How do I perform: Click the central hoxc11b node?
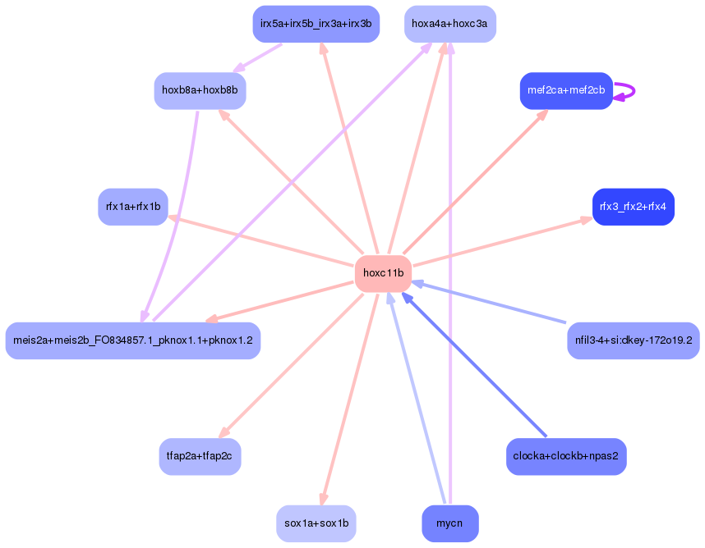click(x=383, y=273)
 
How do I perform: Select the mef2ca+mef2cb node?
click(x=566, y=90)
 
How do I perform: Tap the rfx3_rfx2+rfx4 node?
click(x=633, y=207)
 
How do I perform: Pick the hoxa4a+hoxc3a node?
click(x=449, y=24)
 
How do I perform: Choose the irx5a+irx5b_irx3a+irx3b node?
click(x=316, y=24)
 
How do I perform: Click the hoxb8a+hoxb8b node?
click(x=200, y=90)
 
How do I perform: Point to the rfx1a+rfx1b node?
click(x=133, y=207)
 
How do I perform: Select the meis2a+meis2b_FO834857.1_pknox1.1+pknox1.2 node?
click(x=133, y=340)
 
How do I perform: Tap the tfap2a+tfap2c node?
click(x=200, y=456)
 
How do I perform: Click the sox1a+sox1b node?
click(x=316, y=523)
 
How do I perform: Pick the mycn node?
click(x=449, y=523)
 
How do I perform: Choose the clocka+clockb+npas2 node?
click(x=566, y=456)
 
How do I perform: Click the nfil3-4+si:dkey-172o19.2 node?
click(x=633, y=340)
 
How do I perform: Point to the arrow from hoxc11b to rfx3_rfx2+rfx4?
click(x=501, y=242)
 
